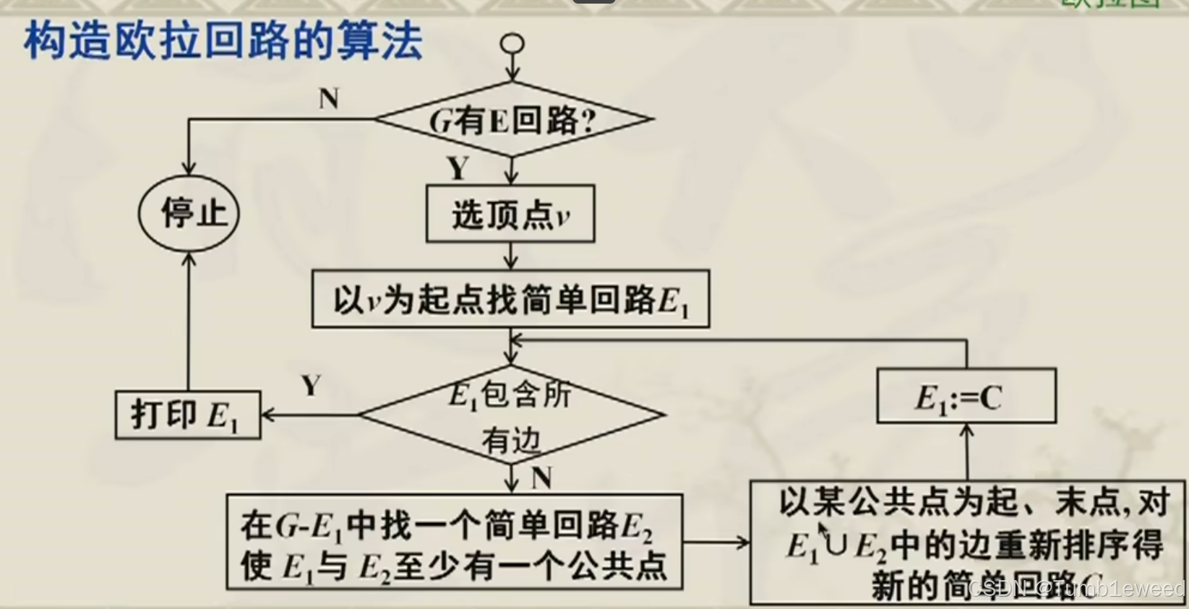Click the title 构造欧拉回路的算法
[x=223, y=41]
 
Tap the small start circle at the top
[x=512, y=43]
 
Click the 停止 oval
[x=189, y=213]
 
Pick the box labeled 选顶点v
[x=510, y=214]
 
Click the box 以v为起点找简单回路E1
[x=510, y=299]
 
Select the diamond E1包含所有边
[x=511, y=415]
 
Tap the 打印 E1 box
[x=187, y=415]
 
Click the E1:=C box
[x=966, y=397]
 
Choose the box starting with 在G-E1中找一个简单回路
[x=454, y=542]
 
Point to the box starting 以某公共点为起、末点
[x=969, y=542]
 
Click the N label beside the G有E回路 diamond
[x=329, y=98]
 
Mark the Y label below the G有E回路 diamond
[x=458, y=168]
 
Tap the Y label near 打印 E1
[x=312, y=386]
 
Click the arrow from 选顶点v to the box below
[x=511, y=256]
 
